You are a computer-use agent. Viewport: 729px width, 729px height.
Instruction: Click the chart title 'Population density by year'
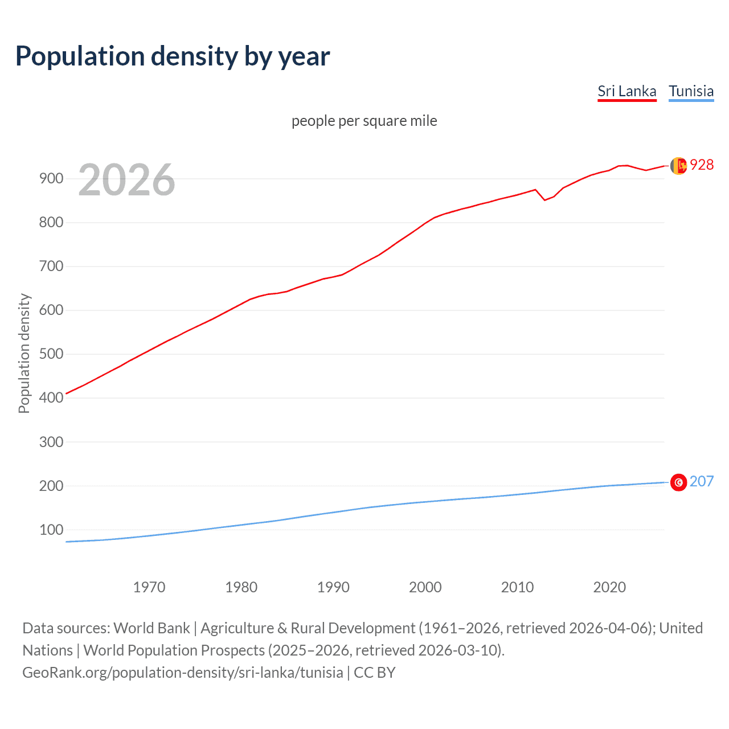point(173,56)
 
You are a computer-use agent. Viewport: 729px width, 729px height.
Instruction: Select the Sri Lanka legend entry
point(626,91)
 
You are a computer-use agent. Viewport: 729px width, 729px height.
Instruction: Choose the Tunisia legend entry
point(691,91)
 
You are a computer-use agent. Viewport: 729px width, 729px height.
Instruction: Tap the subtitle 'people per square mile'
point(364,121)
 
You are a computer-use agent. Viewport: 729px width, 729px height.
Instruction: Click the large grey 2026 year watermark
point(126,180)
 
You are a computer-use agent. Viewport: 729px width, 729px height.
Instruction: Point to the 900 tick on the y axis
point(51,178)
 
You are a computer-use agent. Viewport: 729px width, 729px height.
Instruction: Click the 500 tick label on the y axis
point(51,354)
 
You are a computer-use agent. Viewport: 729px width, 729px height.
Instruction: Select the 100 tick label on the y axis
point(51,530)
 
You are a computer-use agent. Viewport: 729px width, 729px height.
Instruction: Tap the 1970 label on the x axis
point(149,587)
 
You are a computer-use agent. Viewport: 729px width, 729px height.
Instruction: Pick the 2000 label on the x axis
point(425,587)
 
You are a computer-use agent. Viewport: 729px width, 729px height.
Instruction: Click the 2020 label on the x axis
point(609,587)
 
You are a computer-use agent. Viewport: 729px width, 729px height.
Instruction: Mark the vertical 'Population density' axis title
point(24,353)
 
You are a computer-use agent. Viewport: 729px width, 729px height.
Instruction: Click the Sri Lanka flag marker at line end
point(678,166)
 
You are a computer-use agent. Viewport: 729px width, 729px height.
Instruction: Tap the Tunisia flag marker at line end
point(678,482)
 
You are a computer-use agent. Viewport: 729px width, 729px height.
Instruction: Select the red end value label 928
point(702,165)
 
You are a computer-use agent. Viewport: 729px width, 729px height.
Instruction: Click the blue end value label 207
point(702,481)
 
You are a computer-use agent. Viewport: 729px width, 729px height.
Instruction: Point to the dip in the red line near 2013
point(544,200)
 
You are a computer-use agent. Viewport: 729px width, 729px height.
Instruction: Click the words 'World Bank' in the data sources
point(151,628)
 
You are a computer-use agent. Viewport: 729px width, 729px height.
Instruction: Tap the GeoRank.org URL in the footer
point(182,672)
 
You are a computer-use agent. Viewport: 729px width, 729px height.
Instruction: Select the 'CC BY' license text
point(375,672)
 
